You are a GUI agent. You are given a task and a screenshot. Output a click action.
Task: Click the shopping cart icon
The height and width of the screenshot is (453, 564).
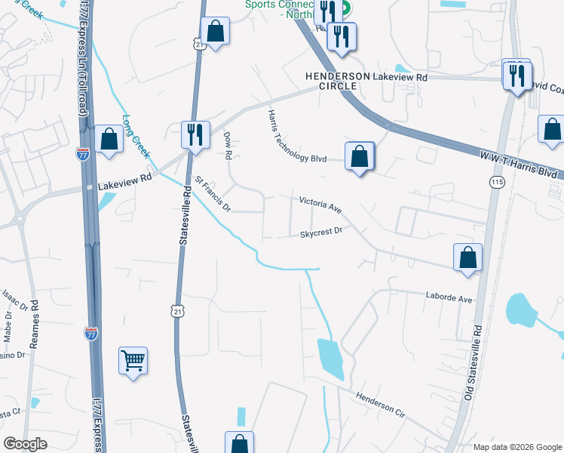[x=133, y=361]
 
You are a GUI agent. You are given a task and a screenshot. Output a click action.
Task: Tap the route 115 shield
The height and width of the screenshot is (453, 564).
[x=496, y=183]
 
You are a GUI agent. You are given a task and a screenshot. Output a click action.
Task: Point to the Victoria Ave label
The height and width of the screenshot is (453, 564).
[x=320, y=204]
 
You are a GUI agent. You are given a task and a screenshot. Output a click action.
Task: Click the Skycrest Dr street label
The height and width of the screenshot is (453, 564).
[x=321, y=233]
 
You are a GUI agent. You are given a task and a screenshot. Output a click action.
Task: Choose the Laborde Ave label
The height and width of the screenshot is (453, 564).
[x=449, y=298]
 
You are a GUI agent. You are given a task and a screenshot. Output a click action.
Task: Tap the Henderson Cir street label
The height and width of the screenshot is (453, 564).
[x=381, y=405]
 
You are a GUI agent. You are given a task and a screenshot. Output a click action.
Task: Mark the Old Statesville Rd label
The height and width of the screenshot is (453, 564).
[x=473, y=363]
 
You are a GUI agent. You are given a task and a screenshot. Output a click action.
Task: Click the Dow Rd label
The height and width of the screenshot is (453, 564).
[x=227, y=146]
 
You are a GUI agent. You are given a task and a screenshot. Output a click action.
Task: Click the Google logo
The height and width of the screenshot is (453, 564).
[x=26, y=444]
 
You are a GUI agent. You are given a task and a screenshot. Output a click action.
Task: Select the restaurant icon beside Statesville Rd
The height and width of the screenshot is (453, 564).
[x=195, y=134]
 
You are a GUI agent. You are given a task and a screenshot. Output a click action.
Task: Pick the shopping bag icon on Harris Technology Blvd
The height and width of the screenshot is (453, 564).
[x=360, y=156]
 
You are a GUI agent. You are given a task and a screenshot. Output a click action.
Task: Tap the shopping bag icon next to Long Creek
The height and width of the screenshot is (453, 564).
[x=109, y=138]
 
